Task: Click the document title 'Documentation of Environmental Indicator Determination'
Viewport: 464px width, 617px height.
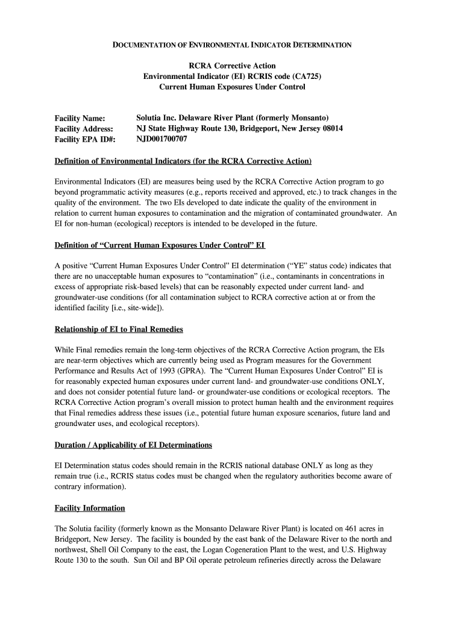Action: click(232, 45)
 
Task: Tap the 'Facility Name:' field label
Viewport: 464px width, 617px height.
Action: click(80, 118)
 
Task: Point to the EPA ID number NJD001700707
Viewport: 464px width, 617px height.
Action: click(162, 140)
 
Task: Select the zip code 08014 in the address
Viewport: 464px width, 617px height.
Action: click(331, 129)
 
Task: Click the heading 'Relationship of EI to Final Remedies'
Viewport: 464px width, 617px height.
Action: click(119, 330)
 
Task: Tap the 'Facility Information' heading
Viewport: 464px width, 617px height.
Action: click(90, 508)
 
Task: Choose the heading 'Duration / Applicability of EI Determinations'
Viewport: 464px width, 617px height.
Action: click(133, 445)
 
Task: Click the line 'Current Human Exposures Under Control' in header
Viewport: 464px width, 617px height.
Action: click(232, 87)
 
